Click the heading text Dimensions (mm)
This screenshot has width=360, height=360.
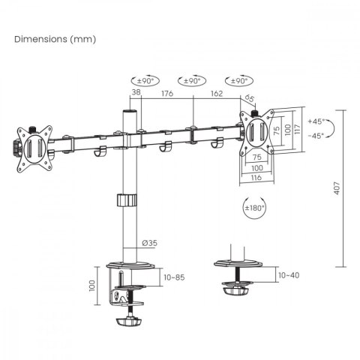click(x=55, y=38)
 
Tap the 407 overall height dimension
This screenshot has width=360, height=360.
click(x=337, y=188)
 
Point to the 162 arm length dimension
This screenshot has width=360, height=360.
click(x=216, y=94)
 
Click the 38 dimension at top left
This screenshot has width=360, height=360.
click(x=136, y=94)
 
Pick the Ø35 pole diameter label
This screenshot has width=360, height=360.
click(x=150, y=243)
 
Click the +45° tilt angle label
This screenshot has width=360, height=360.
click(x=316, y=121)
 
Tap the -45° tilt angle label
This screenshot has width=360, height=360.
click(x=316, y=136)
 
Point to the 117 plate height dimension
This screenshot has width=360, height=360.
click(x=297, y=127)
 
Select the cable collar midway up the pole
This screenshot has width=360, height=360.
click(x=124, y=200)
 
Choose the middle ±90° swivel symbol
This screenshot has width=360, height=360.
click(x=191, y=80)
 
